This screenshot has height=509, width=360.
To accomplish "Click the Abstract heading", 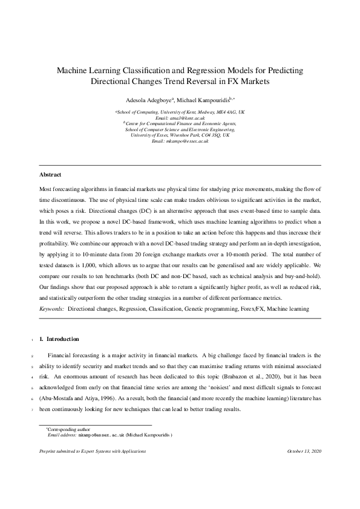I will (x=50, y=175).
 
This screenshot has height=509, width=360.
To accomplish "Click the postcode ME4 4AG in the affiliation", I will (x=221, y=112).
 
